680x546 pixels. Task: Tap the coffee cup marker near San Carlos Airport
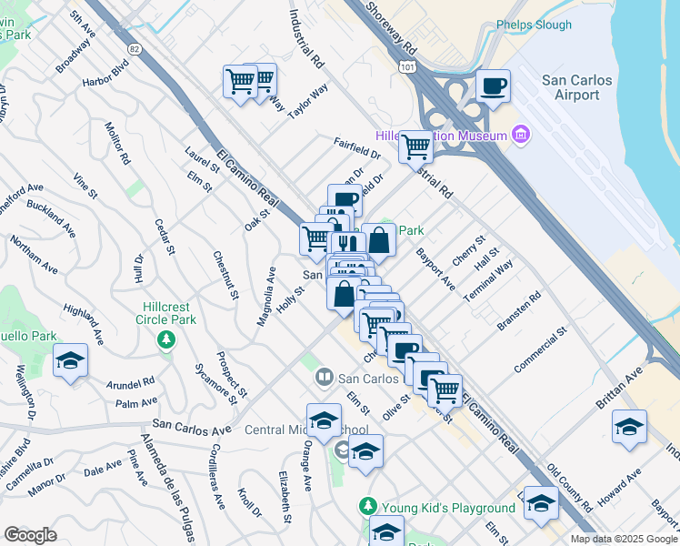coord(494,86)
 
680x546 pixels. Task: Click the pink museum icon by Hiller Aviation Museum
coord(520,136)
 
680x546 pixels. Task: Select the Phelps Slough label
coord(534,25)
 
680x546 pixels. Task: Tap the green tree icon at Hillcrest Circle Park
coord(165,339)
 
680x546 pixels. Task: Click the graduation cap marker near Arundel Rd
coord(70,361)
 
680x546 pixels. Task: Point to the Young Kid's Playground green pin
coord(367,505)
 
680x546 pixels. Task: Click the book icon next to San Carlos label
coord(324,376)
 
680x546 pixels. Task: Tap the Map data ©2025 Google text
coord(622,539)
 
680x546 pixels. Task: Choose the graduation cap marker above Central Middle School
coord(324,420)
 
